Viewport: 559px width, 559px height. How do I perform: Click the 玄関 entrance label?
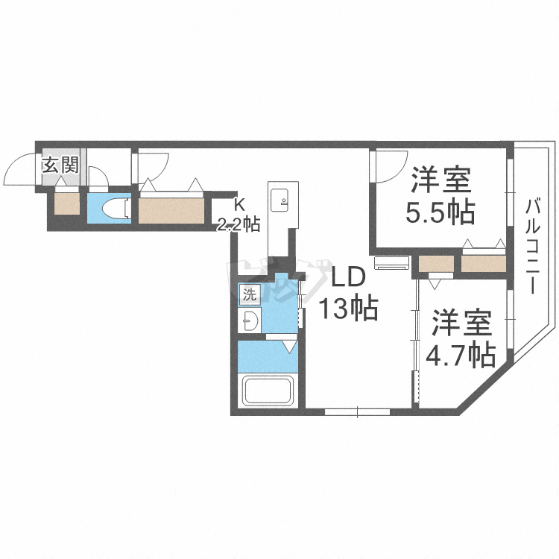tap(61, 165)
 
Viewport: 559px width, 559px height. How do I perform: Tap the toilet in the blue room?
tap(115, 208)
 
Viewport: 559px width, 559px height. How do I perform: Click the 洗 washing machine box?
tap(250, 294)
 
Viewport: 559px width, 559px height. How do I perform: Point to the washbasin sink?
tap(249, 320)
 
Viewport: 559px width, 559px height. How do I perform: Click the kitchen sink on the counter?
tap(279, 200)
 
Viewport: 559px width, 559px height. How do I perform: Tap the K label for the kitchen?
tap(239, 205)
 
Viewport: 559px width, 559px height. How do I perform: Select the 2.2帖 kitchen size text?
tap(239, 224)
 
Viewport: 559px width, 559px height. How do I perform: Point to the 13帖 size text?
tap(348, 308)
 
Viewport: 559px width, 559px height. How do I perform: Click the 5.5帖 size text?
tap(440, 213)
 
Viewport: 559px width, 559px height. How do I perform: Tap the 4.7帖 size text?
tap(461, 355)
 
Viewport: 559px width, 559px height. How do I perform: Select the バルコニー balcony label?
tap(532, 247)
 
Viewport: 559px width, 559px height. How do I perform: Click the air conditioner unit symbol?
tap(392, 263)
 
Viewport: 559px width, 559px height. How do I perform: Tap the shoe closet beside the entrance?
tap(66, 204)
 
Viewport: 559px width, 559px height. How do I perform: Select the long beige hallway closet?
tap(171, 211)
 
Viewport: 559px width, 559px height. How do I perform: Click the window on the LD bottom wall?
tap(358, 411)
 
